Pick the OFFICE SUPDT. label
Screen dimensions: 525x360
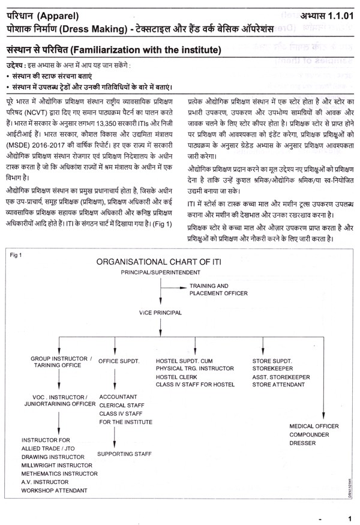pos(119,361)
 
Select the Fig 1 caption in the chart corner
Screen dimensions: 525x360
pos(16,254)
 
